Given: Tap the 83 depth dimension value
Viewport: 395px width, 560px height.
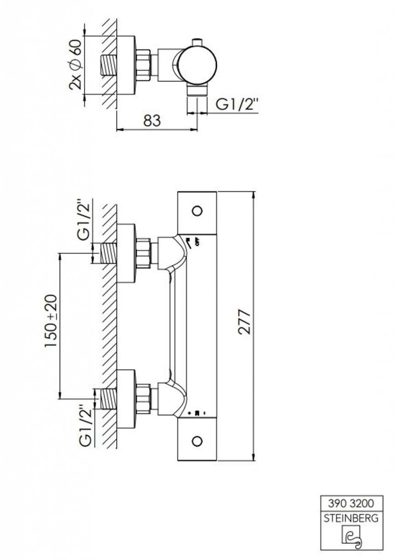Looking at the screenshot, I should (x=152, y=121).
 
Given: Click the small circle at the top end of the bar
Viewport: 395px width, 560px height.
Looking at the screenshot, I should (x=198, y=209).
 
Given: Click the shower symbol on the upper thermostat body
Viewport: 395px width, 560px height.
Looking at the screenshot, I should (x=191, y=241).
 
